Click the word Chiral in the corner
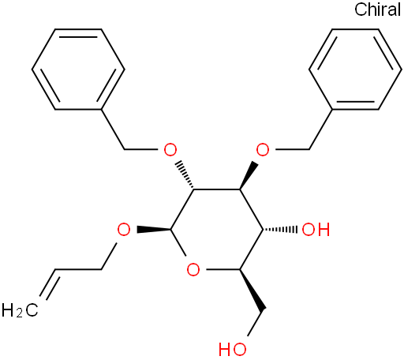pyautogui.click(x=377, y=9)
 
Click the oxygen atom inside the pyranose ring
pyautogui.click(x=193, y=269)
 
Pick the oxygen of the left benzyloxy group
pyautogui.click(x=170, y=150)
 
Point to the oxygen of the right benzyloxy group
pyautogui.click(x=263, y=150)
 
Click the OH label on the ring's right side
pyautogui.click(x=316, y=229)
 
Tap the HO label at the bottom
pyautogui.click(x=233, y=350)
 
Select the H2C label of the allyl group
pyautogui.click(x=20, y=309)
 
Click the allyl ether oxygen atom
pyautogui.click(x=124, y=229)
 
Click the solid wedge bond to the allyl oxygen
pyautogui.click(x=154, y=229)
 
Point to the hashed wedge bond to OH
pyautogui.click(x=280, y=229)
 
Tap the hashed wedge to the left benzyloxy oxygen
pyautogui.click(x=185, y=174)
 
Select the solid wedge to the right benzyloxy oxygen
pyautogui.click(x=249, y=175)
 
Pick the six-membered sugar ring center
pyautogui.click(x=217, y=229)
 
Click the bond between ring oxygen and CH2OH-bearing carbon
pyautogui.click(x=223, y=269)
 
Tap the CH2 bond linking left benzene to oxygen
pyautogui.click(x=113, y=129)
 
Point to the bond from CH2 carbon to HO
pyautogui.click(x=255, y=324)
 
